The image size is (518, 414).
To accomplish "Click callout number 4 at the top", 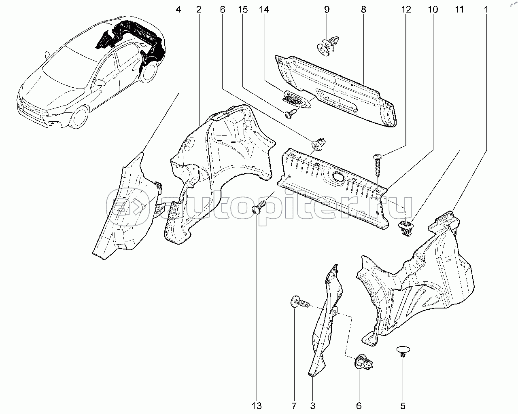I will pos(178,9).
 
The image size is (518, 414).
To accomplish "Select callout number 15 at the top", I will pos(243,9).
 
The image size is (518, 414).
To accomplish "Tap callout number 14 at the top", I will pos(265,9).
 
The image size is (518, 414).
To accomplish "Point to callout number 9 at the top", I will pos(327,9).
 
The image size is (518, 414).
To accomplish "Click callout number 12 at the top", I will pos(406,9).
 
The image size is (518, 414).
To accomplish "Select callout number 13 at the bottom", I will pos(257,406).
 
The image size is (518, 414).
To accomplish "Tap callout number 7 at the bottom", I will pos(294,406).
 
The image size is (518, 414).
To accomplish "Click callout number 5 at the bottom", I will pos(403,406).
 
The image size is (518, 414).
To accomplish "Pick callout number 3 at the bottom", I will pos(313,406).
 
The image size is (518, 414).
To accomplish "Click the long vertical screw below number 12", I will pos(378,165).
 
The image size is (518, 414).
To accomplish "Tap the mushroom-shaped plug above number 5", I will pos(403,351).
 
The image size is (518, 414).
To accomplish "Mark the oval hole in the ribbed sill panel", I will pos(337,176).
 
